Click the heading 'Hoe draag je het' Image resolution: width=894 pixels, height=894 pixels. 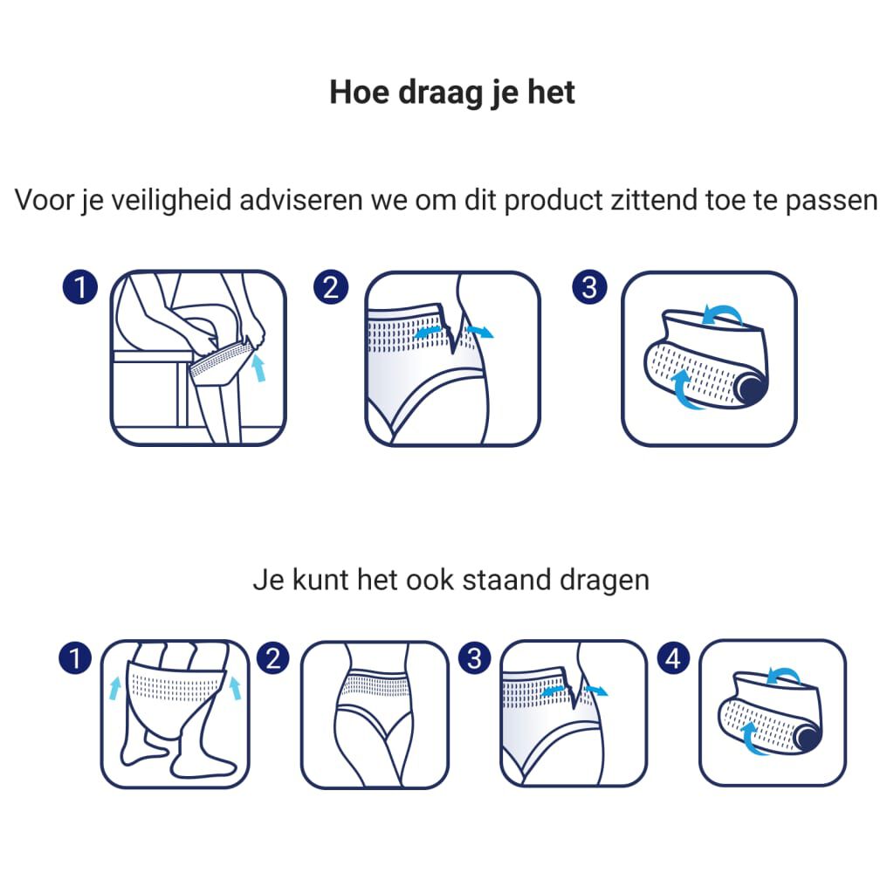pyautogui.click(x=451, y=92)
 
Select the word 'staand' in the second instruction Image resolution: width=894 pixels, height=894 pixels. pyautogui.click(x=505, y=581)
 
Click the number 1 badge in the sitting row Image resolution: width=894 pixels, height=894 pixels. pyautogui.click(x=80, y=287)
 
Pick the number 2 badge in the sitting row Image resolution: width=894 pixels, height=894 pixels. pyautogui.click(x=331, y=287)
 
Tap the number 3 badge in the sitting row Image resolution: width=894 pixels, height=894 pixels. pyautogui.click(x=589, y=287)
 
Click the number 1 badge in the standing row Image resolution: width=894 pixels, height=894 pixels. pyautogui.click(x=75, y=658)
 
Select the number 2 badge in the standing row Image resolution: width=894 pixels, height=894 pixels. pyautogui.click(x=274, y=658)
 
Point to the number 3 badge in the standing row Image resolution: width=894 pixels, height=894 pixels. pyautogui.click(x=474, y=658)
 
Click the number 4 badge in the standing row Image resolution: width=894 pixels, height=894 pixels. pyautogui.click(x=673, y=658)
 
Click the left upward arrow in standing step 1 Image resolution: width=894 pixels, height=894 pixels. pyautogui.click(x=115, y=686)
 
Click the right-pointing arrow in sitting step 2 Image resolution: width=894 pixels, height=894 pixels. pyautogui.click(x=479, y=331)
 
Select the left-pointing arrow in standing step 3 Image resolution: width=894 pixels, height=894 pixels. pyautogui.click(x=552, y=692)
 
